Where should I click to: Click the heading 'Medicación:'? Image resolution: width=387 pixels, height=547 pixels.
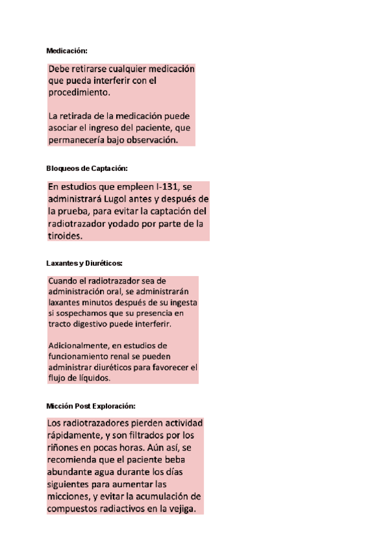67,50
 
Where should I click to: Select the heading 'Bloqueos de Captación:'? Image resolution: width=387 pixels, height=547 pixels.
87,168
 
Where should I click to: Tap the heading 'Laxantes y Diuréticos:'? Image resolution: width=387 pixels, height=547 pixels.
84,263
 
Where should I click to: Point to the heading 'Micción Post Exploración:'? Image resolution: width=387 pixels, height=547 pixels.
91,406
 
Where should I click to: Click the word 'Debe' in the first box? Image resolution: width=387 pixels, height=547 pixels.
60,69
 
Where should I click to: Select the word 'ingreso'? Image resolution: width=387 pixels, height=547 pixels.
108,128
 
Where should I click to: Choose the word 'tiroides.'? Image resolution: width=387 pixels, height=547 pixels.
66,236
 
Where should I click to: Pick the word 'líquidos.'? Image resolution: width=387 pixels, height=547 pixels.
90,378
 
